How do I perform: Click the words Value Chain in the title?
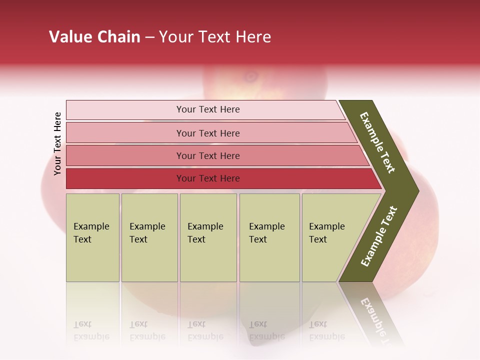click(94, 37)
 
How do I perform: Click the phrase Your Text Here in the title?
click(215, 37)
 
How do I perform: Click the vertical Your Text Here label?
click(57, 143)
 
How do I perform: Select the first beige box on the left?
click(92, 237)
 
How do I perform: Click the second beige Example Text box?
click(149, 237)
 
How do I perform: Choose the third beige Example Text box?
click(207, 237)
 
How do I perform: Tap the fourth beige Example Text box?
click(269, 237)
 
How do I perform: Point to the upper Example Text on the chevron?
click(377, 142)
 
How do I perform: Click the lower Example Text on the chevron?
click(379, 236)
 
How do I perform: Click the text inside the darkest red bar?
click(208, 178)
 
